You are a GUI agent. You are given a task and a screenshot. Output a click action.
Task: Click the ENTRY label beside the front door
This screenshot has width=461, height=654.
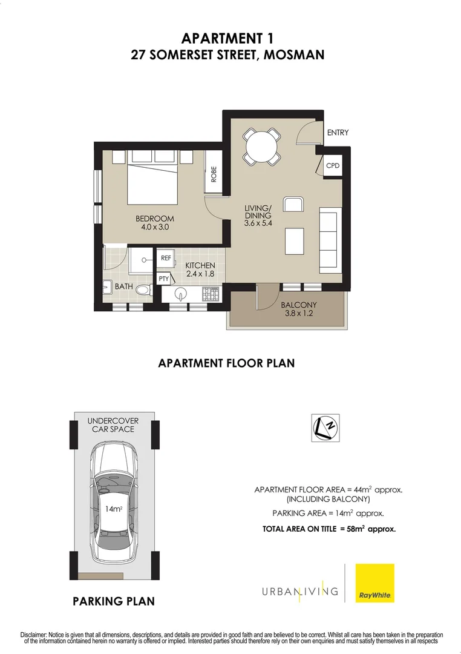click(x=338, y=133)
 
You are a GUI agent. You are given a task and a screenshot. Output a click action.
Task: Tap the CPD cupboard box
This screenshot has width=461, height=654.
click(x=333, y=165)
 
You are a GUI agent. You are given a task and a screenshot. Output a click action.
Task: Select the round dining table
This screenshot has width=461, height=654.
click(x=262, y=147)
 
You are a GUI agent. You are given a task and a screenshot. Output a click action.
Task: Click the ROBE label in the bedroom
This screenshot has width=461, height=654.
click(x=214, y=175)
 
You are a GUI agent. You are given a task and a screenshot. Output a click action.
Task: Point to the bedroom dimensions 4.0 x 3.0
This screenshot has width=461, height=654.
click(x=155, y=228)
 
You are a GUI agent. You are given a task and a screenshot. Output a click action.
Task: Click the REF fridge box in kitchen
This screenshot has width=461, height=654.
click(x=166, y=258)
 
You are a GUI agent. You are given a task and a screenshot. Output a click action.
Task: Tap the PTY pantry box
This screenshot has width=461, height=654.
click(x=163, y=279)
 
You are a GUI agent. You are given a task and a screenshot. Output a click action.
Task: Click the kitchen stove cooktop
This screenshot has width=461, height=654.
click(x=211, y=294)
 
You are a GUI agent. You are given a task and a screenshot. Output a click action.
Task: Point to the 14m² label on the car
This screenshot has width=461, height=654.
click(x=113, y=509)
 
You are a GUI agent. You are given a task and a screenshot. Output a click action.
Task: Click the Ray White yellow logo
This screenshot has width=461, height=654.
click(x=374, y=583)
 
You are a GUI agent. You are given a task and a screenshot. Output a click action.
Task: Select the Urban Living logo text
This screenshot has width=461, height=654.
click(x=299, y=591)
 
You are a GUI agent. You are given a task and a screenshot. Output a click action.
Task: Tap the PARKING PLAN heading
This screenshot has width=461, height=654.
click(x=114, y=601)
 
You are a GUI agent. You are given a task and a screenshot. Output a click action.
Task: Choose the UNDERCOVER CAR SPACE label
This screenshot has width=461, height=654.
click(x=113, y=424)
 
